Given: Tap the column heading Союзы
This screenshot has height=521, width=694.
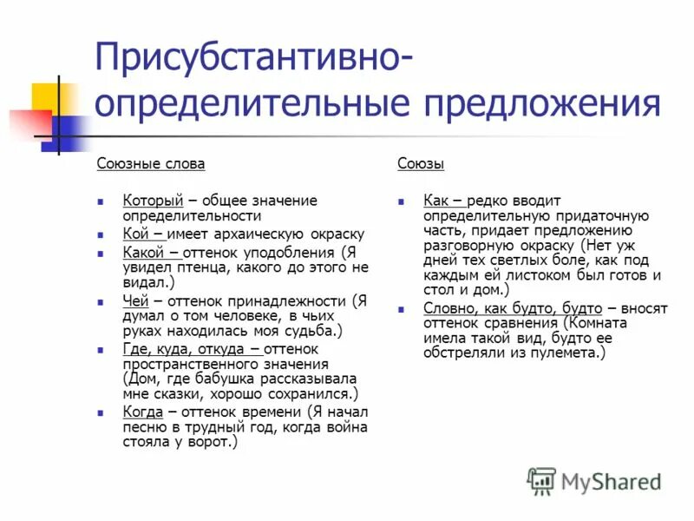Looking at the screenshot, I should pos(421,163).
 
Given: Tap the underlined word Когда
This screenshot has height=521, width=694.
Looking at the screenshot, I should pos(143,412).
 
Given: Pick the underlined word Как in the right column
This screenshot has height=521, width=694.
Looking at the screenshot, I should pos(438,201).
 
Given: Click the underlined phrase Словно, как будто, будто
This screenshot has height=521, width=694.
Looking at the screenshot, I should pos(513,307).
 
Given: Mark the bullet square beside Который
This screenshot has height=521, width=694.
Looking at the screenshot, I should pos(101,201).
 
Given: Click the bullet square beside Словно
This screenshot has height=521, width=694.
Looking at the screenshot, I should pos(402,308).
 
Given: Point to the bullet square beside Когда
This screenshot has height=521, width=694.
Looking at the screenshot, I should pos(101,412).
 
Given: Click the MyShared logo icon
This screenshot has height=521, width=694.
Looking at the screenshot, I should pos(542,480).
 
